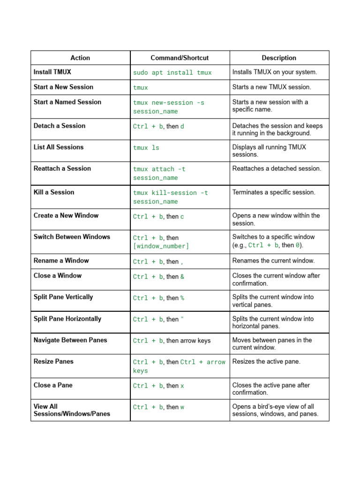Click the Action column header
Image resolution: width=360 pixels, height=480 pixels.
click(x=80, y=58)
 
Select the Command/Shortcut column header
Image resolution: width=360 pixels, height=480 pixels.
click(x=180, y=58)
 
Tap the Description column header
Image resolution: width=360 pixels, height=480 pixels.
click(x=279, y=58)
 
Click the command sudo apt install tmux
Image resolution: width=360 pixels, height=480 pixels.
click(x=172, y=73)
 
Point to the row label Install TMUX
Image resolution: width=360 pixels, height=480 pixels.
click(x=52, y=72)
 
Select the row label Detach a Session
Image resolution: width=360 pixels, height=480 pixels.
click(x=60, y=126)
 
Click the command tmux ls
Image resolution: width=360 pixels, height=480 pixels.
click(x=146, y=148)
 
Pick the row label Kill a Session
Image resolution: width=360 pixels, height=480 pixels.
click(x=54, y=192)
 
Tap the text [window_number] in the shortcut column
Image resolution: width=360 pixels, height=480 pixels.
click(x=161, y=246)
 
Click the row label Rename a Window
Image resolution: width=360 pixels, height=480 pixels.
click(x=61, y=261)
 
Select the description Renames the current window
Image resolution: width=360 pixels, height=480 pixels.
click(x=273, y=261)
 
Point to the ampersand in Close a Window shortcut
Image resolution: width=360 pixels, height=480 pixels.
click(x=182, y=277)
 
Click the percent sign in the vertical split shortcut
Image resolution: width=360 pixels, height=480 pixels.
click(x=182, y=298)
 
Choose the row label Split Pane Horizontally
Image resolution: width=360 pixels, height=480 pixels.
click(x=67, y=319)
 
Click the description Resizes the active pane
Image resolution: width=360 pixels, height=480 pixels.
click(x=266, y=361)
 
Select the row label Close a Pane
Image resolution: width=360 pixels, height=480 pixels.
click(x=53, y=385)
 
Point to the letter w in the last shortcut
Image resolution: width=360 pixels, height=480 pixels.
click(x=182, y=407)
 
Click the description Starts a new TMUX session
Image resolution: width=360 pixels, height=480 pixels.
click(x=271, y=87)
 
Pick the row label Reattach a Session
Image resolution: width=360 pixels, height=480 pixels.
click(x=62, y=168)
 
